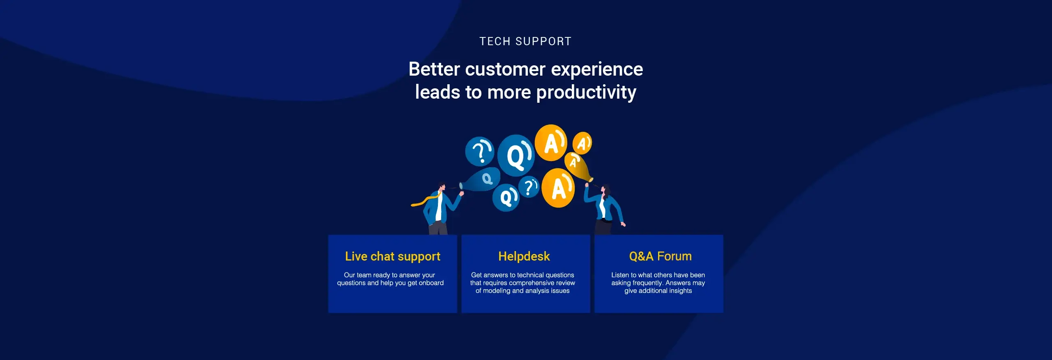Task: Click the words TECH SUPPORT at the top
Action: pos(525,42)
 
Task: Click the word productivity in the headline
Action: pos(586,92)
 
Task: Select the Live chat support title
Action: pos(393,256)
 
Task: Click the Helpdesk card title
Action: pos(524,256)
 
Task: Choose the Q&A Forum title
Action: pos(660,256)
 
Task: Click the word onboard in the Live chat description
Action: pos(431,283)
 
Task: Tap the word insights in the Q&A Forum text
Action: pos(680,291)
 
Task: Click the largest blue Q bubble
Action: pos(516,155)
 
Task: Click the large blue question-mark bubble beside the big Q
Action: pos(479,151)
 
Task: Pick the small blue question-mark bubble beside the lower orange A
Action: pos(529,187)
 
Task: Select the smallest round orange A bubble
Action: pos(582,143)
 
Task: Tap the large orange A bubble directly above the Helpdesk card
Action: pos(558,188)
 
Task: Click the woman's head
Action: pos(604,190)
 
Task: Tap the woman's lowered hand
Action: pos(623,224)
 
